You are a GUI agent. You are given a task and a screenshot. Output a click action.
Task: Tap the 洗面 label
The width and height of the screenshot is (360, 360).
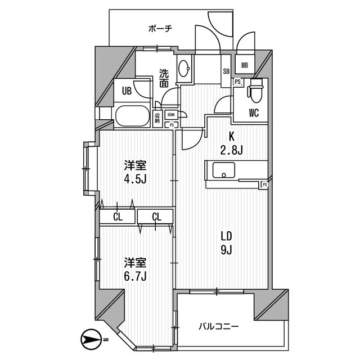pos(164,78)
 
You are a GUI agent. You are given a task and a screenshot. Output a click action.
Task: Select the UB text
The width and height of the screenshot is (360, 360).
pos(128,91)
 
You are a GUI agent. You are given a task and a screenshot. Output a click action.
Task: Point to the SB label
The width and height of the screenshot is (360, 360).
pos(226,71)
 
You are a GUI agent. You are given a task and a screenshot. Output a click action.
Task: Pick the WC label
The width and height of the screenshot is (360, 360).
pos(254,112)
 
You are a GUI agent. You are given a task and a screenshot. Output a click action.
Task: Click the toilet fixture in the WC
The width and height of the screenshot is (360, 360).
pos(256,90)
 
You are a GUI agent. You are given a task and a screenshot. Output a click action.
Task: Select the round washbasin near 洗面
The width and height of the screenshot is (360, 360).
pos(184,70)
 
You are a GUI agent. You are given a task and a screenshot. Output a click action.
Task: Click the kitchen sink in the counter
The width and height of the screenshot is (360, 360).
pos(225,171)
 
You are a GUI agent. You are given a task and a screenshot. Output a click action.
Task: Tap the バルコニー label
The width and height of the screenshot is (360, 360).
pos(219,326)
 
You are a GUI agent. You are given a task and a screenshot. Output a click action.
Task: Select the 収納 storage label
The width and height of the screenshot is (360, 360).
pos(158,118)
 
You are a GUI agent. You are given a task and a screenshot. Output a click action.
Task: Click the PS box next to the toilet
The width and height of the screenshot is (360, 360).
pos(238,82)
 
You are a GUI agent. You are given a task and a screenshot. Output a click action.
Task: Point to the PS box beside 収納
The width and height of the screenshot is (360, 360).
pos(171,125)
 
